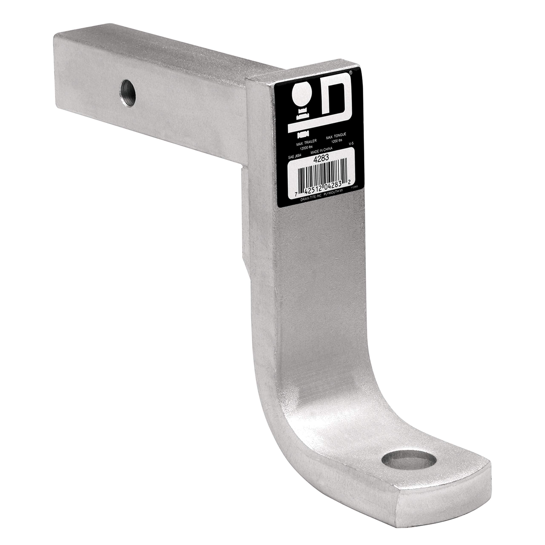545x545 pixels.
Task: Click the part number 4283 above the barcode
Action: click(x=321, y=158)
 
